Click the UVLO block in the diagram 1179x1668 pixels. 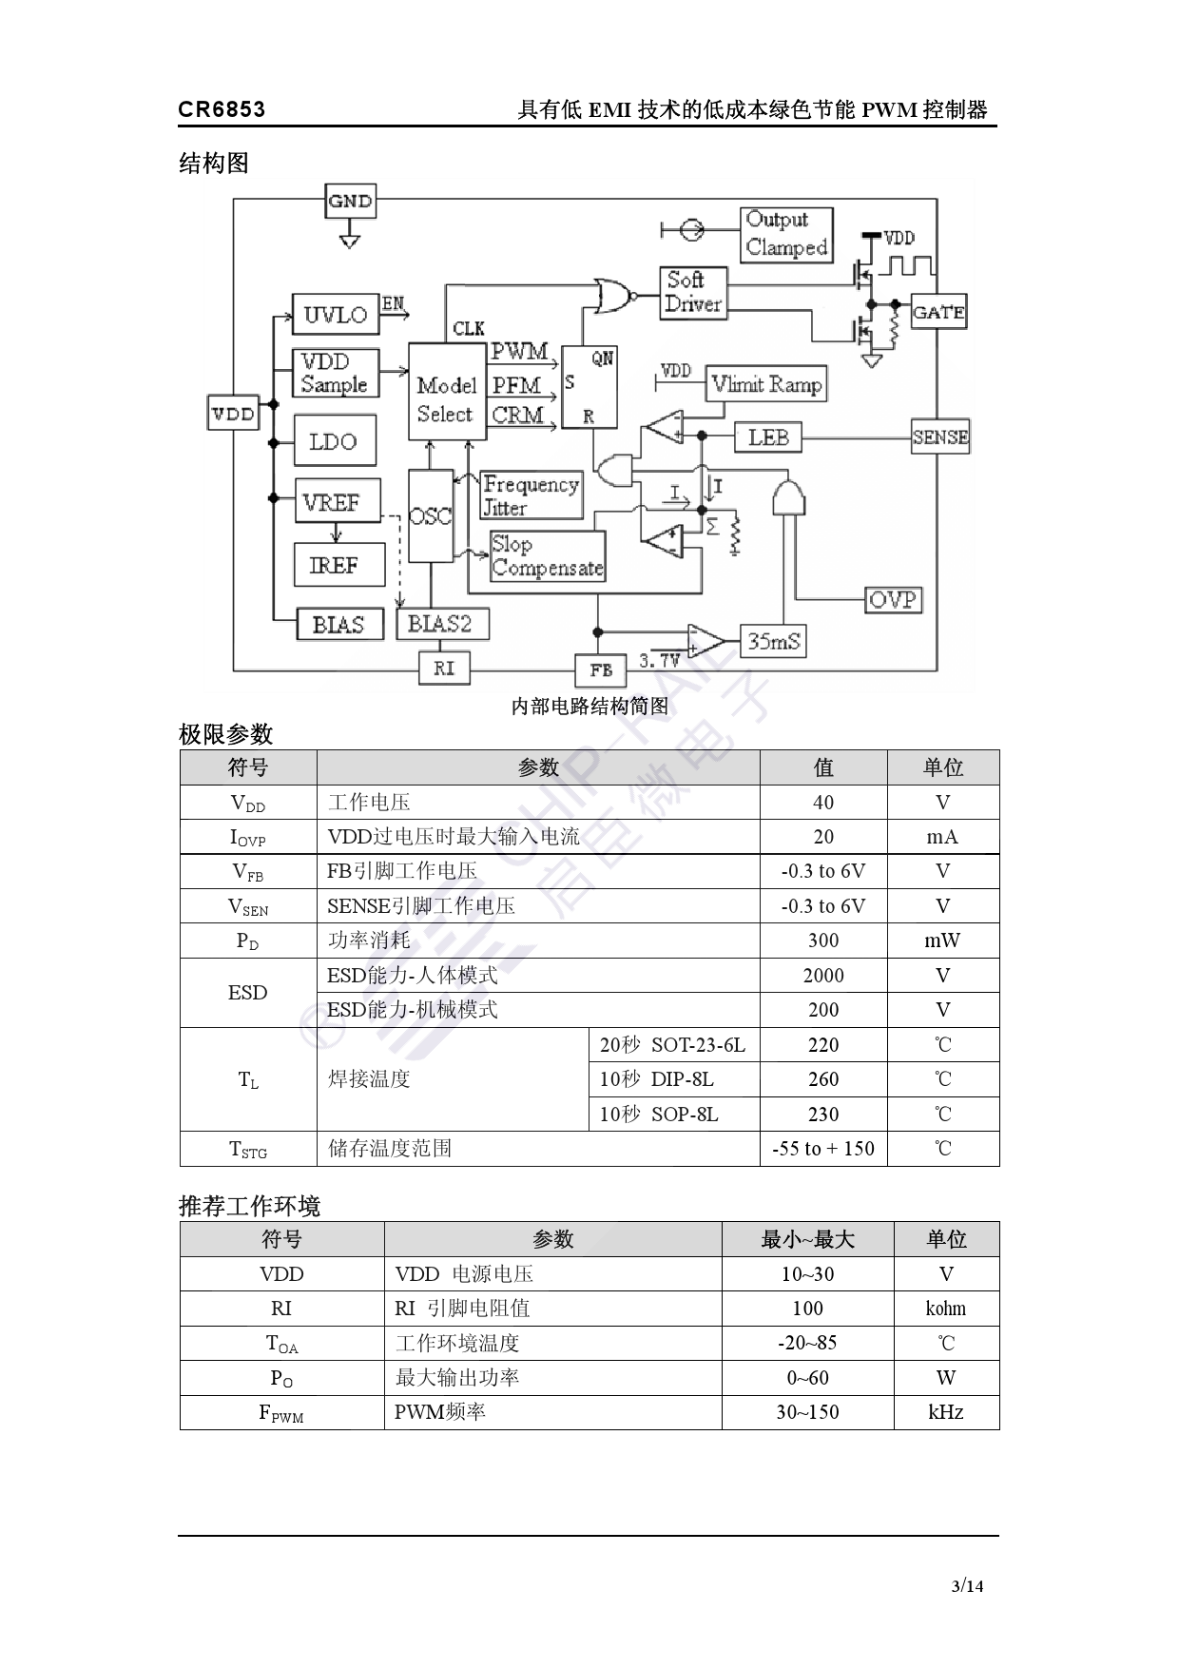coord(336,315)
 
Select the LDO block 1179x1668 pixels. coord(334,441)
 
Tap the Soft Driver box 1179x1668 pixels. coord(693,292)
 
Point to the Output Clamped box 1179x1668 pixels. coord(786,234)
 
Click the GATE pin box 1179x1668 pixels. coord(938,312)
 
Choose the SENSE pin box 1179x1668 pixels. coord(940,437)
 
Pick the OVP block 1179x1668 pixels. coord(893,600)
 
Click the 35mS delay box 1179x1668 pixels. coord(774,641)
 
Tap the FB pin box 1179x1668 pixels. coord(601,670)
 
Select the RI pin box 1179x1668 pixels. coord(444,669)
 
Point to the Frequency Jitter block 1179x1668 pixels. coord(531,495)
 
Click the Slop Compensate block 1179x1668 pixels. coord(548,556)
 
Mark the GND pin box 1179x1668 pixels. coord(350,202)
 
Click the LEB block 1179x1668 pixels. coord(768,437)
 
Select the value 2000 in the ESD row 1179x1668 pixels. coord(822,976)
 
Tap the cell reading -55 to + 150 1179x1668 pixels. coord(822,1149)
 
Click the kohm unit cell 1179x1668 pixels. coord(945,1309)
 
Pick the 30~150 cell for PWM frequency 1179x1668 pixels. coord(807,1412)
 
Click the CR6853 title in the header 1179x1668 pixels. coord(222,109)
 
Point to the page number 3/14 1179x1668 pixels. coord(967,1585)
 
